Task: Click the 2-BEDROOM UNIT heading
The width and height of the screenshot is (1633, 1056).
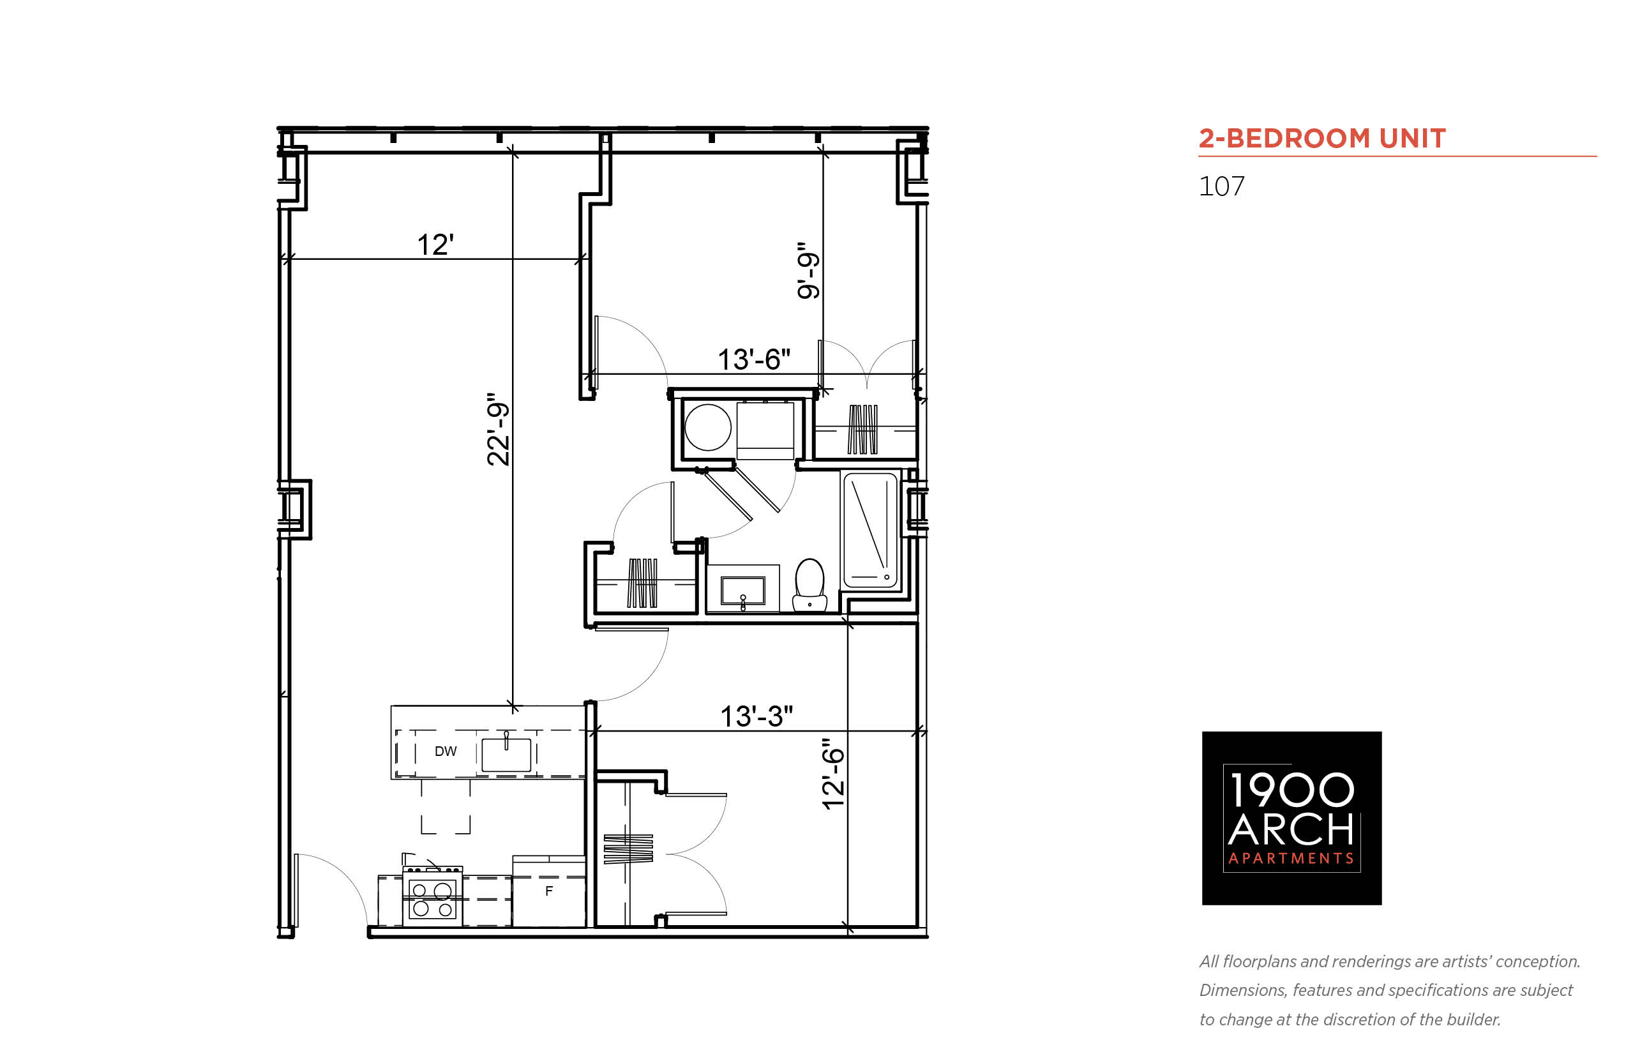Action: pos(1321,139)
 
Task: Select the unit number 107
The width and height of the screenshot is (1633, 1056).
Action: pos(1221,186)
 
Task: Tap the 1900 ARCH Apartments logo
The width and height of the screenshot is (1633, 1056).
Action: pos(1291,818)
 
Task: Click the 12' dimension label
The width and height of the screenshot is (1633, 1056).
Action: pos(435,245)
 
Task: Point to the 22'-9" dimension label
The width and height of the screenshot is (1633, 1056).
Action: pos(499,429)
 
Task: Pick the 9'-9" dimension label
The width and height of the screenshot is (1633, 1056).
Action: pos(808,270)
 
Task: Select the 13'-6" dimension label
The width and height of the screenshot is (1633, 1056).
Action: pos(753,359)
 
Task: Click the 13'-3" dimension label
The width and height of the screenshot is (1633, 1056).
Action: pos(756,716)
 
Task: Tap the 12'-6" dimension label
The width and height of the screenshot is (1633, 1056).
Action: pos(833,774)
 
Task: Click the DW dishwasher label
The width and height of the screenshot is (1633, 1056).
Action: pos(446,751)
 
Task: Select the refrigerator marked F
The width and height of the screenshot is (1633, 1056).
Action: pos(548,891)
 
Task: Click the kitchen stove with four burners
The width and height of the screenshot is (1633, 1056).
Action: pos(432,896)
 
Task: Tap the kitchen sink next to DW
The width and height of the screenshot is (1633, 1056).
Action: pos(507,754)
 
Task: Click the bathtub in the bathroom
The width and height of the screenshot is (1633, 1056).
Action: pos(871,529)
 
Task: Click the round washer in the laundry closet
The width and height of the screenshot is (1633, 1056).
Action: pos(708,426)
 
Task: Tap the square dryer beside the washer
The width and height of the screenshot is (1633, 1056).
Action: pos(765,430)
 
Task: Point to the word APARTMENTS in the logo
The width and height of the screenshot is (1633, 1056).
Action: pos(1291,859)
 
